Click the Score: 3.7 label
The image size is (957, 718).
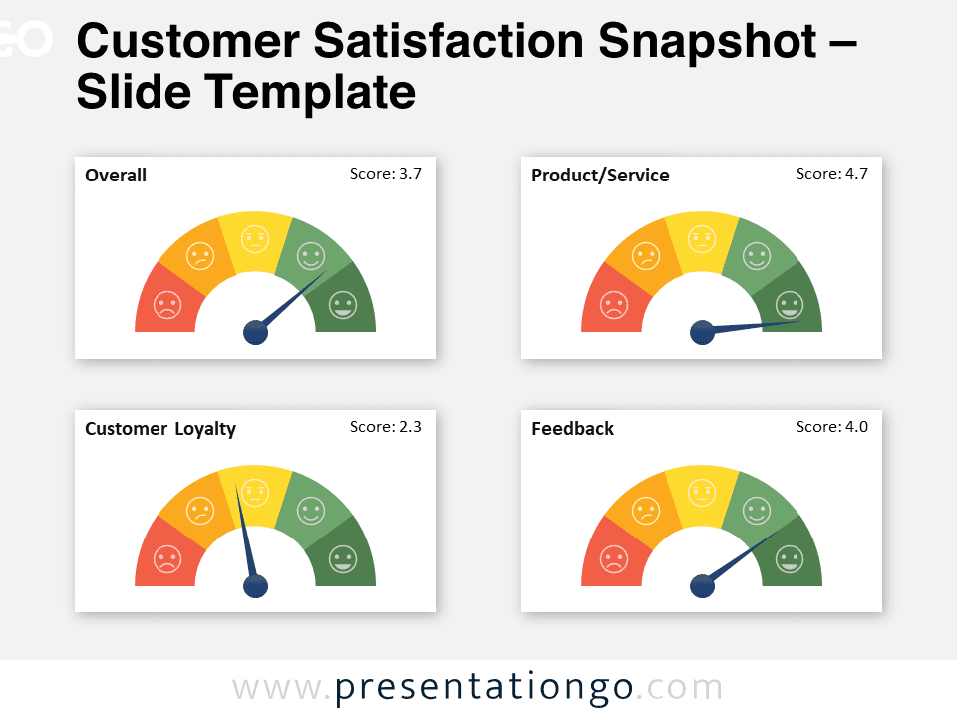[385, 174]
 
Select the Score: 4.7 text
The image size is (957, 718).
[831, 174]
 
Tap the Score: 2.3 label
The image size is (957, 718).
[385, 427]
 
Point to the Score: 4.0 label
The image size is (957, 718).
[831, 427]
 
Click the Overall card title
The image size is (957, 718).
[116, 176]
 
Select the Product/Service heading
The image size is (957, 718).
[600, 176]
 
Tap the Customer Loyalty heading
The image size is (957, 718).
[160, 429]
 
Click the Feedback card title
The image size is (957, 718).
[572, 429]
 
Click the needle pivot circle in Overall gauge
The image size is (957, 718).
[256, 333]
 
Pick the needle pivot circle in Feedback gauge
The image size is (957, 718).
[703, 586]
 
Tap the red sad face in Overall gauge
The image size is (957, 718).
[167, 305]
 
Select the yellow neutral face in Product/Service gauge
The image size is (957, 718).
[702, 239]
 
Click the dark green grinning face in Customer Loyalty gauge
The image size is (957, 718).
[343, 559]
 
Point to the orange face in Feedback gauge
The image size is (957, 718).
[646, 511]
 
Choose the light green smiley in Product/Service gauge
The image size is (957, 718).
[757, 256]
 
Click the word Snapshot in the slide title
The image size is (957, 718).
[708, 42]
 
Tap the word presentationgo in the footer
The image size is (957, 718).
[484, 688]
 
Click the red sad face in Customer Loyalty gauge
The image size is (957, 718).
[167, 559]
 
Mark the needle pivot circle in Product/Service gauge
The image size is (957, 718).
[703, 333]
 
